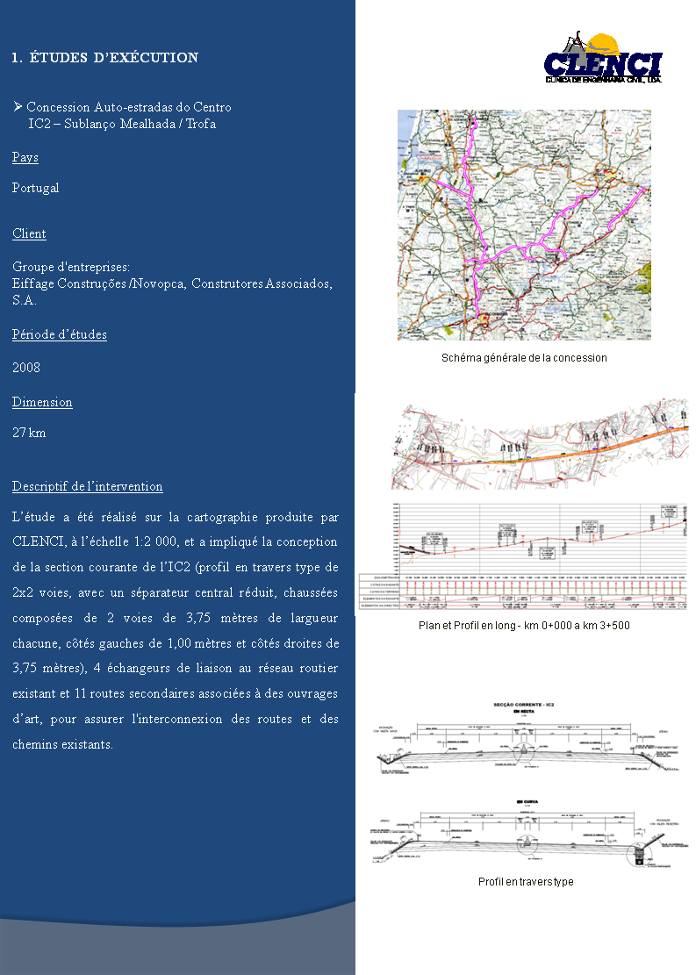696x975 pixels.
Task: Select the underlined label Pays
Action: [25, 158]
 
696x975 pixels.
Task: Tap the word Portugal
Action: [36, 188]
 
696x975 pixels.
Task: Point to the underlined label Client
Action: [29, 234]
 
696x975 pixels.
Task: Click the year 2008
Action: [26, 368]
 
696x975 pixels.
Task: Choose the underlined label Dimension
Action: [42, 403]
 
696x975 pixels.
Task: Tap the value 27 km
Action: [29, 434]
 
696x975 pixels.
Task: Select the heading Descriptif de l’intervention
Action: [88, 487]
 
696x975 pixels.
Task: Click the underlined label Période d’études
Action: [60, 335]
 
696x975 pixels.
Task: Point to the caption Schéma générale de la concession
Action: [524, 358]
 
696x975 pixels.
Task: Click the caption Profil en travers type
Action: [526, 882]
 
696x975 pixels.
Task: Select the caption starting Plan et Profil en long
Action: [524, 626]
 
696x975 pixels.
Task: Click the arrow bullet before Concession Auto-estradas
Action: [18, 107]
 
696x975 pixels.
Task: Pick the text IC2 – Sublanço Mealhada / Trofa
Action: [122, 125]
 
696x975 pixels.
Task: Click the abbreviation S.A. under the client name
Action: [23, 301]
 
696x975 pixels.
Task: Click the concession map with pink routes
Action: [524, 225]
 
